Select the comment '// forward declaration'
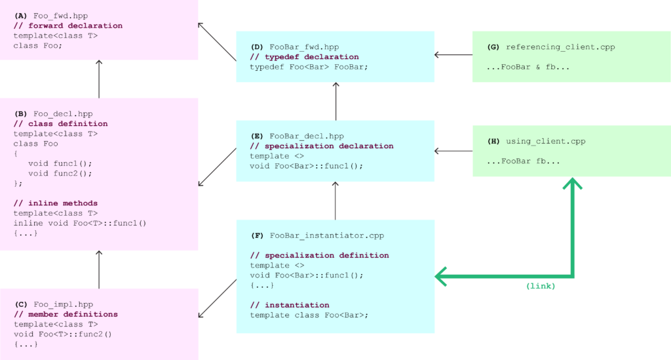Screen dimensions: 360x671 [x=67, y=26]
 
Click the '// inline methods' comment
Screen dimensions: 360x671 [x=55, y=203]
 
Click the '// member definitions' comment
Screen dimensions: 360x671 [x=66, y=314]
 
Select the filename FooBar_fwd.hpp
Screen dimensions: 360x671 [x=304, y=47]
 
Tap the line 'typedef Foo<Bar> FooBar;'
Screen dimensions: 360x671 [x=309, y=67]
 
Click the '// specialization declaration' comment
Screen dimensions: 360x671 [x=321, y=146]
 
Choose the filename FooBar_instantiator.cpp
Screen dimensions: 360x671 [x=326, y=235]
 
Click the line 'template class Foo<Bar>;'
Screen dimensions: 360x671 [x=309, y=315]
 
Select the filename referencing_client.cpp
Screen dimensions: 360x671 [x=560, y=47]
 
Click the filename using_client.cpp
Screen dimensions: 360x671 [x=545, y=141]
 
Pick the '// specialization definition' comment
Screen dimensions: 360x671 [x=319, y=255]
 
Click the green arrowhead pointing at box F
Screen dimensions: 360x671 [x=440, y=276]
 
